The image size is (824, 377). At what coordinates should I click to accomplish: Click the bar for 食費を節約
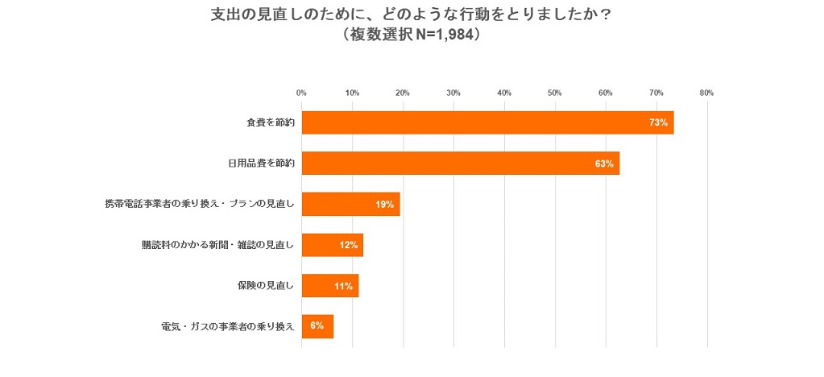tap(487, 122)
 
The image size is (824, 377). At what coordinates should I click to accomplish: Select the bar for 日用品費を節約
tap(460, 164)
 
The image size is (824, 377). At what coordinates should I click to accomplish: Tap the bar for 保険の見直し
tap(329, 286)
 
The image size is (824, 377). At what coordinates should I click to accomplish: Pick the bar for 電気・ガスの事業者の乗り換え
tap(317, 326)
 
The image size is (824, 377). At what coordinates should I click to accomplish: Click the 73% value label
tap(658, 122)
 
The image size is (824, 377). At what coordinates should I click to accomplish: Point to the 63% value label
tap(604, 164)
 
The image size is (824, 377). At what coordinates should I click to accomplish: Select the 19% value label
tap(384, 205)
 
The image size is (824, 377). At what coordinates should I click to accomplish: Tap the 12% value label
tap(348, 245)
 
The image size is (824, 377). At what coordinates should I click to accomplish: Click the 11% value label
tap(343, 286)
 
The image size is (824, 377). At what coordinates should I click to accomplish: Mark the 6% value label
tap(317, 326)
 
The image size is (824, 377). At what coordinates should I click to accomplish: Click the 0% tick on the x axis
tap(301, 93)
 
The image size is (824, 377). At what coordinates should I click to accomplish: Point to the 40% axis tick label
tap(504, 93)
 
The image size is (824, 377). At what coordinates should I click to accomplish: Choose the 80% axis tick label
tap(706, 93)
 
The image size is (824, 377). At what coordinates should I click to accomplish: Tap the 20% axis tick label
tap(403, 93)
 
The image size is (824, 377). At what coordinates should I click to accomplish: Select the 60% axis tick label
tap(605, 93)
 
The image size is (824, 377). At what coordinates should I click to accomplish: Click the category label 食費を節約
tap(271, 122)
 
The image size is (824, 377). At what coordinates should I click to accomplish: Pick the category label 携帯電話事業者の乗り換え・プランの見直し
tap(200, 205)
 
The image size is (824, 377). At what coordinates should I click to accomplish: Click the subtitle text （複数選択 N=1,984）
tap(412, 35)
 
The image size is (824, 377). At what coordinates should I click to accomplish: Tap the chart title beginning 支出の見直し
tap(411, 14)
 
